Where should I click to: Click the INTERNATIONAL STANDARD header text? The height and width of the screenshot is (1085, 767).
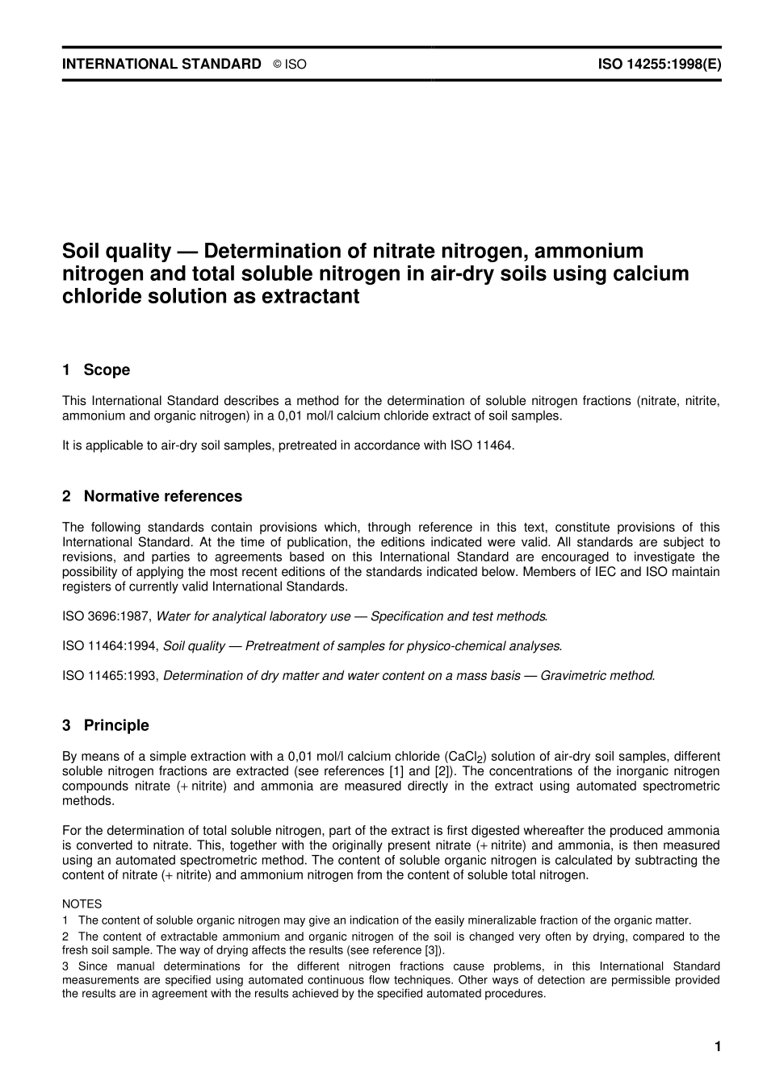tap(161, 64)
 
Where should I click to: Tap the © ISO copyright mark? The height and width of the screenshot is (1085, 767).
tap(290, 65)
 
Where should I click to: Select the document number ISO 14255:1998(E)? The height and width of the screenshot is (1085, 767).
tap(659, 64)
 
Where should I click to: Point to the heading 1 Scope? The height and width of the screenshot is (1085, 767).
tap(96, 370)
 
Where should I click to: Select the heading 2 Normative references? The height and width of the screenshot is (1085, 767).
tap(152, 496)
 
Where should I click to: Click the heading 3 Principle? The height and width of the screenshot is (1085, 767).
tap(106, 725)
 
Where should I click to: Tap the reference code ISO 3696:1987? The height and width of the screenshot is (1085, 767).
tap(106, 616)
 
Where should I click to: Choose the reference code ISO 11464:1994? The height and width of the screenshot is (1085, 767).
tap(110, 646)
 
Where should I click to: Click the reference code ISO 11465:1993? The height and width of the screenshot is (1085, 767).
tap(110, 675)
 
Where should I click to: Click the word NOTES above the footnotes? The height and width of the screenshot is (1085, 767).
tap(82, 904)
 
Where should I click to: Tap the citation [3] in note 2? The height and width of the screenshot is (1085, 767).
tap(430, 950)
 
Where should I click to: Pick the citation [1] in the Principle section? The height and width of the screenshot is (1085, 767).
tap(397, 771)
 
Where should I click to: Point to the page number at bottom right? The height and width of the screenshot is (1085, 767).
tap(717, 1047)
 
